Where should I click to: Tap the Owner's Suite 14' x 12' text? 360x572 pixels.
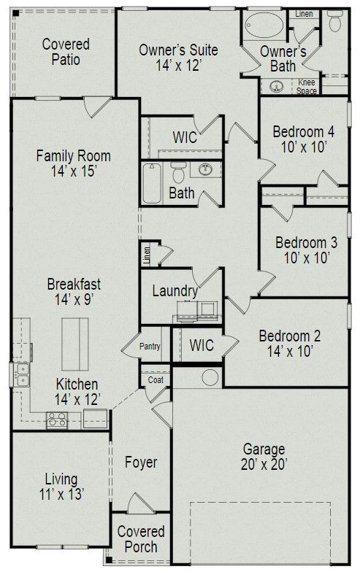pyautogui.click(x=178, y=58)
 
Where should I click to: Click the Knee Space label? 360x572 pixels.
pyautogui.click(x=307, y=87)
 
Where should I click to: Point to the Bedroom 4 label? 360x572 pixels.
pyautogui.click(x=303, y=139)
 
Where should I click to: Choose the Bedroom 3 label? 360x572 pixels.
pyautogui.click(x=306, y=250)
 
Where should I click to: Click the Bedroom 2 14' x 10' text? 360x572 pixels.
pyautogui.click(x=290, y=344)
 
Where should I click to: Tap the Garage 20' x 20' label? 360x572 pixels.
pyautogui.click(x=264, y=456)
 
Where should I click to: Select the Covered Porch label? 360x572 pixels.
pyautogui.click(x=141, y=539)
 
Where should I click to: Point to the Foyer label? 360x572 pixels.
pyautogui.click(x=141, y=463)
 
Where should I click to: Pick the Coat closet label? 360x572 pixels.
pyautogui.click(x=156, y=379)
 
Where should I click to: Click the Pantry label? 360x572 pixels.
pyautogui.click(x=150, y=347)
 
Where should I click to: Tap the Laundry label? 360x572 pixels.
pyautogui.click(x=175, y=290)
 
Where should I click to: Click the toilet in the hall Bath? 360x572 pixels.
pyautogui.click(x=177, y=171)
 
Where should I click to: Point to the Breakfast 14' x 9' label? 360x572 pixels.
pyautogui.click(x=74, y=291)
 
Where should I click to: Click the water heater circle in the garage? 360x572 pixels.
pyautogui.click(x=210, y=377)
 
